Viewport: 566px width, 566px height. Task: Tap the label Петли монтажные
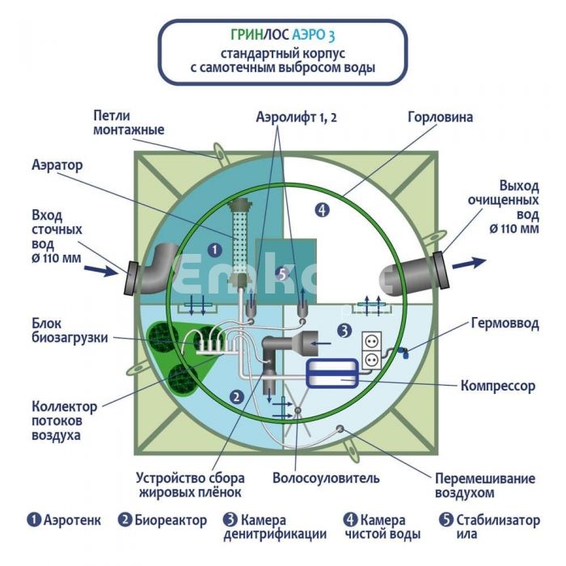tap(129, 123)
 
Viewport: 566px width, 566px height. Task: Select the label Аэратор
tap(57, 164)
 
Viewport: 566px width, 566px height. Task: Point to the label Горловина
tap(440, 117)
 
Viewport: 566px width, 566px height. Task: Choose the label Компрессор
tap(497, 386)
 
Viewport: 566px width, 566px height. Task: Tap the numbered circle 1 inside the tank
tap(214, 250)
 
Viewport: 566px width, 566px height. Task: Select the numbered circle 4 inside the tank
tap(322, 211)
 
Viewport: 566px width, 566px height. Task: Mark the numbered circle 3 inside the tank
tap(344, 330)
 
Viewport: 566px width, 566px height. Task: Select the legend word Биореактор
tap(166, 520)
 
